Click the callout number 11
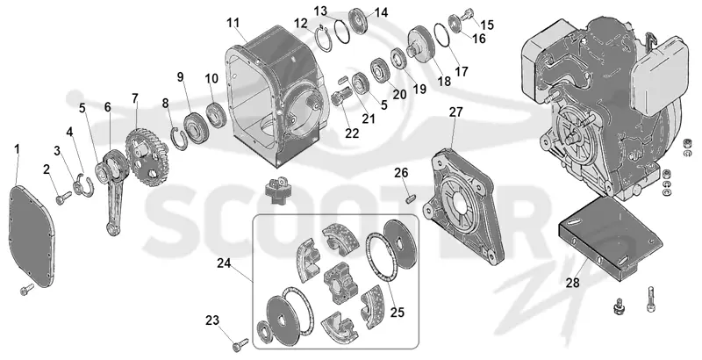point(233,22)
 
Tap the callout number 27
point(455,112)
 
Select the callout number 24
point(224,263)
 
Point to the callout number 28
point(573,283)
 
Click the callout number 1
point(17,149)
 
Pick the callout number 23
point(212,320)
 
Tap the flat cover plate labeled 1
point(32,237)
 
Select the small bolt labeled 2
point(64,198)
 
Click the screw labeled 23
point(240,344)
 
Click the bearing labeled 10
point(217,115)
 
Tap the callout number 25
point(397,312)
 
